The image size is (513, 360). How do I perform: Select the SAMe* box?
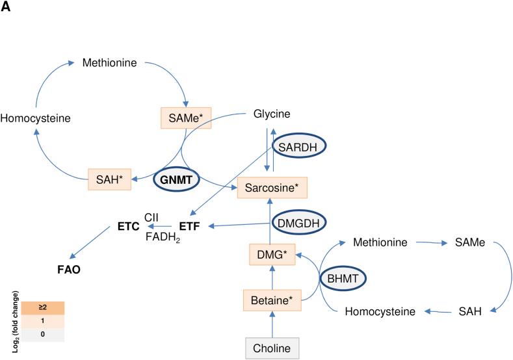tap(187, 118)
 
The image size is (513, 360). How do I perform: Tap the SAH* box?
tap(109, 178)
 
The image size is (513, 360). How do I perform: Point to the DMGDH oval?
tap(299, 222)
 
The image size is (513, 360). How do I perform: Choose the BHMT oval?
tap(343, 278)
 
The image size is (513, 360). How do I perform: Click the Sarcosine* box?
tap(272, 187)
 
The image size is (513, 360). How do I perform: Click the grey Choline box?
tap(272, 348)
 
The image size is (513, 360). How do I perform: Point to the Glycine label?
tap(272, 114)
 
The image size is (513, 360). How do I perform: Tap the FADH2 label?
tap(163, 238)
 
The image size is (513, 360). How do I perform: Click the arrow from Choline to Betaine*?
tap(272, 324)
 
